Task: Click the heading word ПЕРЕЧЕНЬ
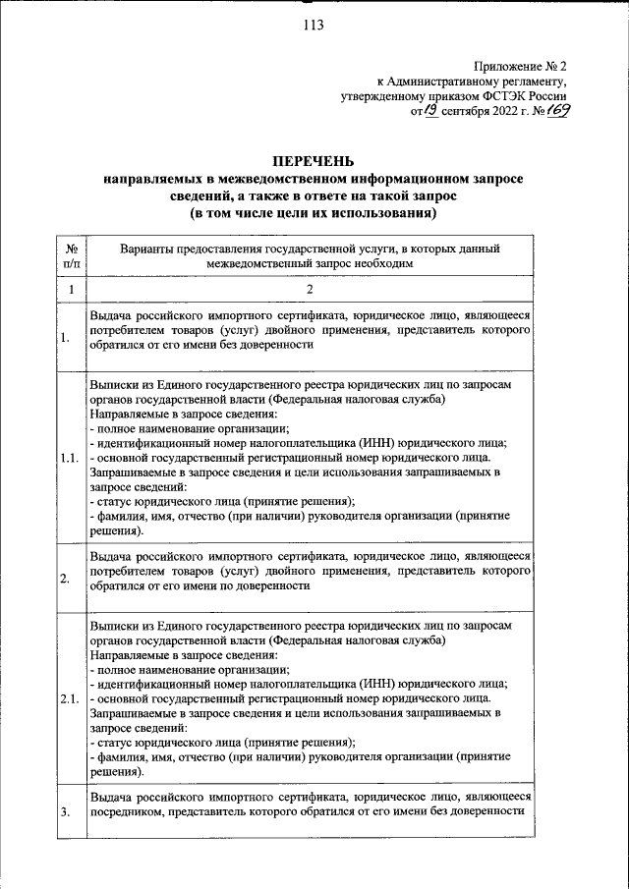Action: click(314, 162)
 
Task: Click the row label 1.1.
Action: click(69, 458)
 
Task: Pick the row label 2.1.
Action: click(69, 698)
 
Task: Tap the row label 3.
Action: click(64, 811)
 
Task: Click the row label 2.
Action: click(64, 579)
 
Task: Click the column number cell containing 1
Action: click(71, 290)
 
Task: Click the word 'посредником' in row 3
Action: click(132, 811)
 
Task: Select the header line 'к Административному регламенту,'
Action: click(473, 82)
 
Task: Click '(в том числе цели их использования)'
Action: click(314, 212)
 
